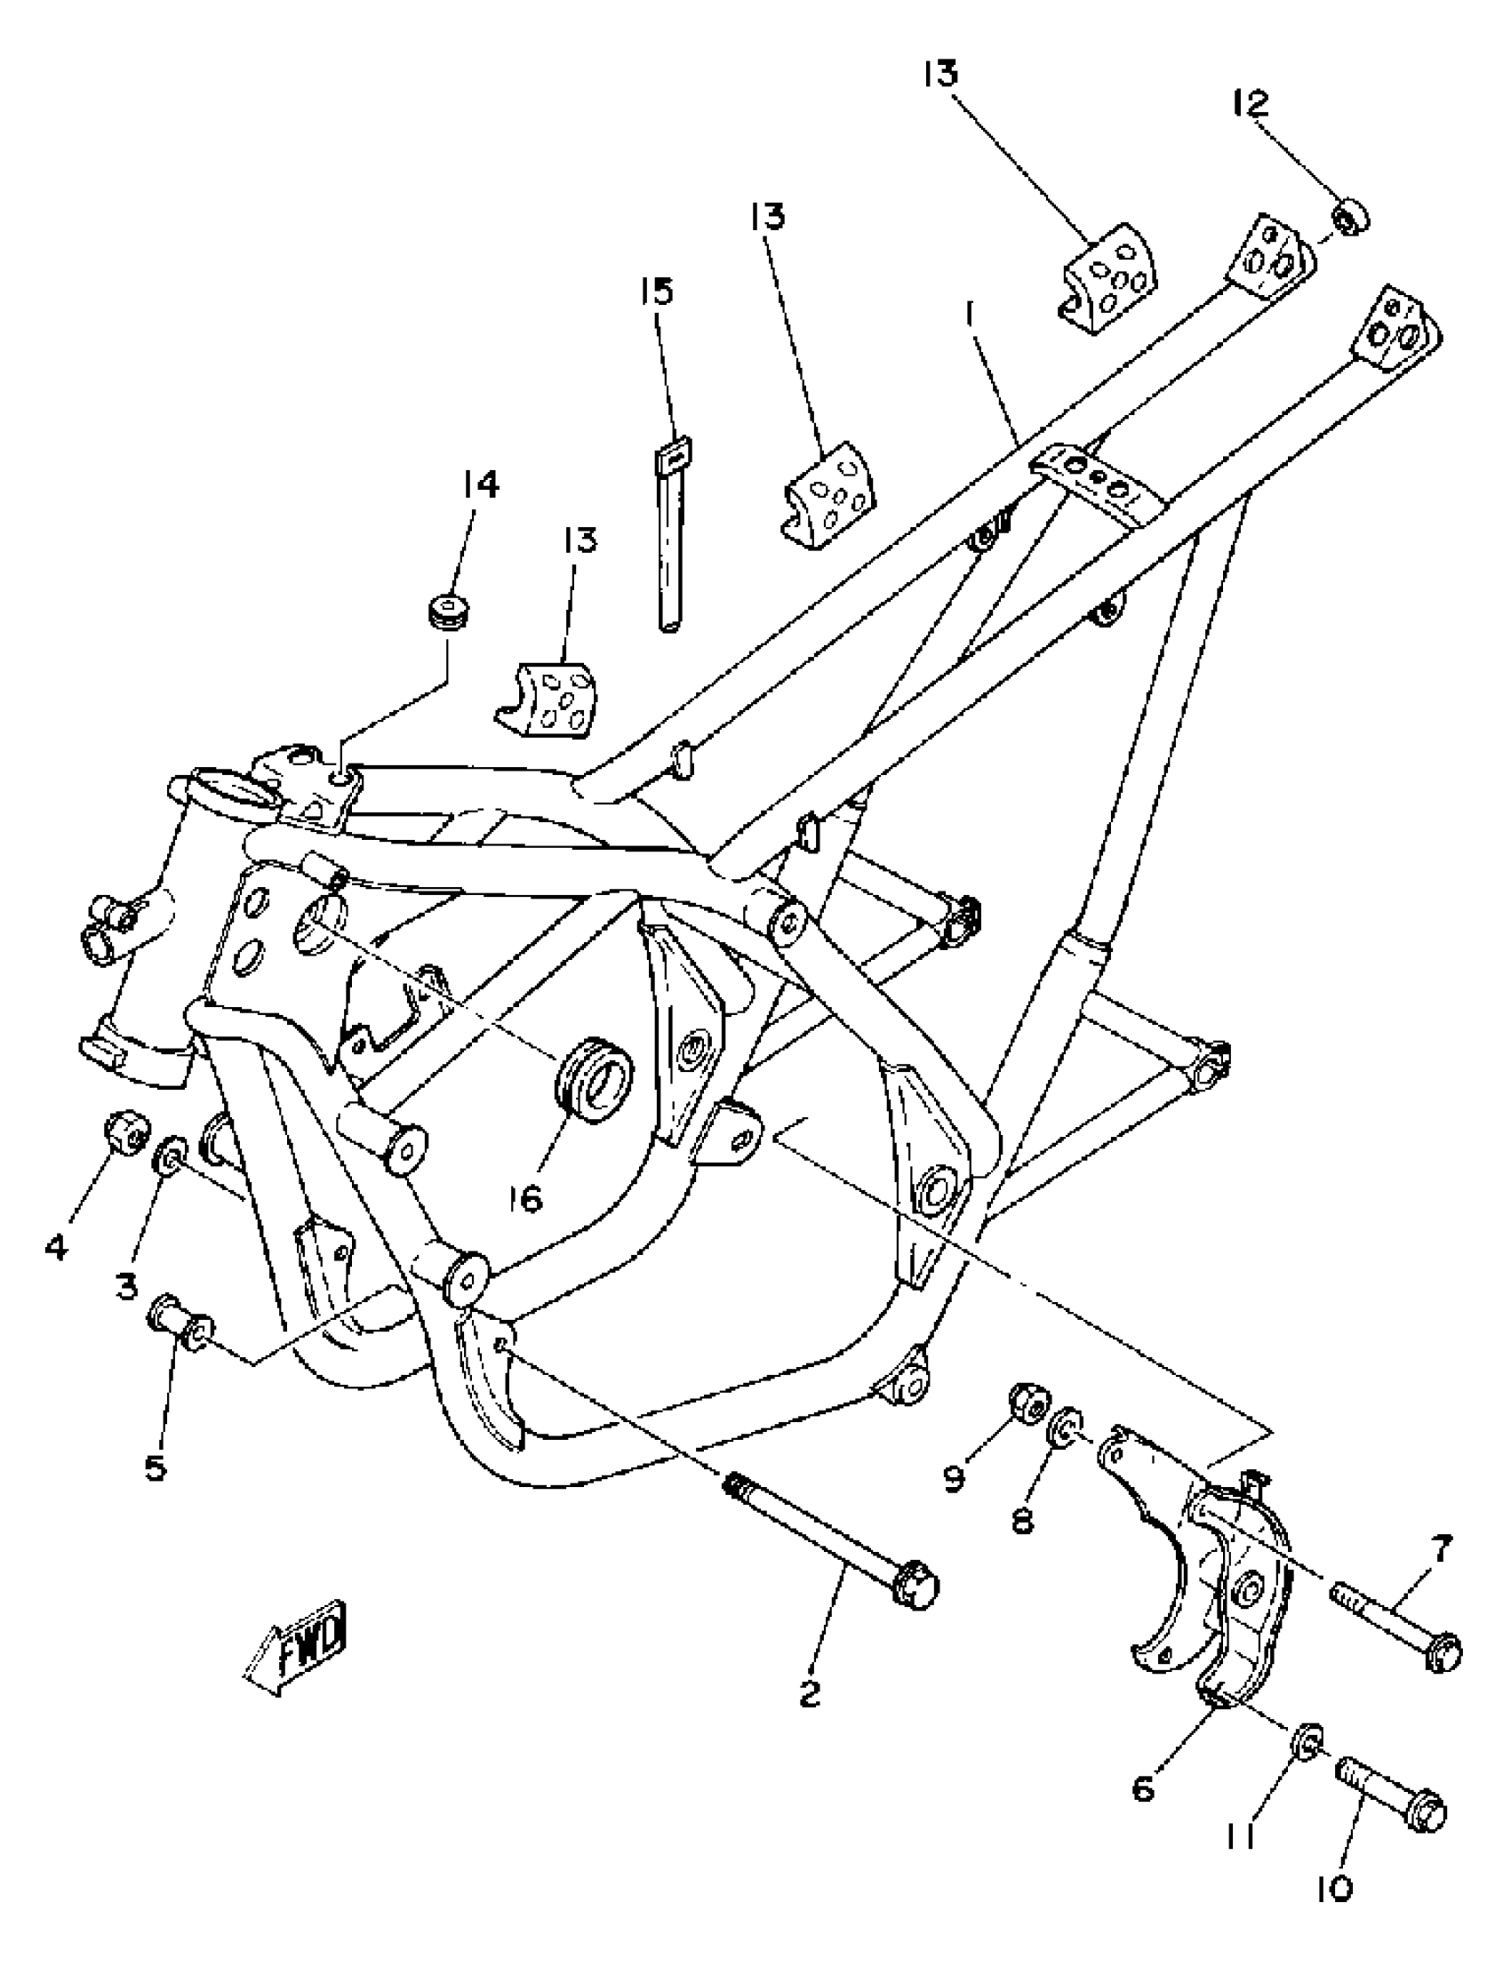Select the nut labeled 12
pos(1350,218)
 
